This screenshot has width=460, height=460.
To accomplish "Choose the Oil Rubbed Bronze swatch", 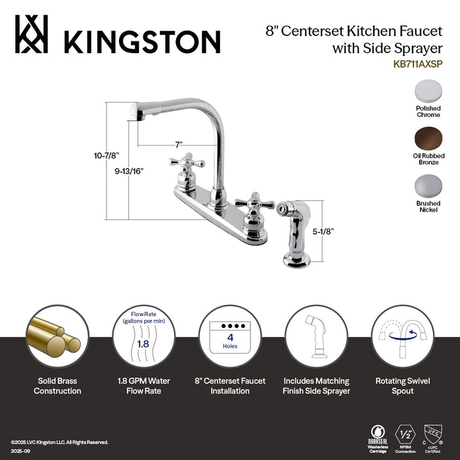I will click(428, 137).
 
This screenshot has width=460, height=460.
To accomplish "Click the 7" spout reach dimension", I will click(178, 143).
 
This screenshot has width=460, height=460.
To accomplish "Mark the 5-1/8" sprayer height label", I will click(324, 231).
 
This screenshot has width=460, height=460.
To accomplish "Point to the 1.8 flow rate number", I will click(141, 342).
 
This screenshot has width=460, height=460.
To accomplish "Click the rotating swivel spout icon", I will click(403, 336).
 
